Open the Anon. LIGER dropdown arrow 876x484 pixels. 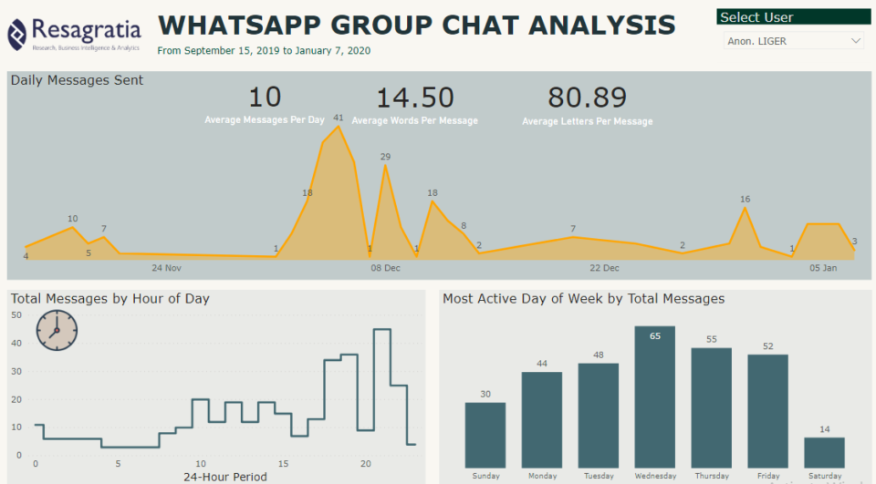point(855,41)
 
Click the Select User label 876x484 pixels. point(756,17)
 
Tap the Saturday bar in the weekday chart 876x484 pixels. point(824,452)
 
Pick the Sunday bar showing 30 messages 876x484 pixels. point(485,435)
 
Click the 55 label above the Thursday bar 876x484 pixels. point(712,339)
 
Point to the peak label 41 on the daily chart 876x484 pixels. point(339,118)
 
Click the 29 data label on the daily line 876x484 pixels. point(385,157)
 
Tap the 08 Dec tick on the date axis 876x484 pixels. point(385,268)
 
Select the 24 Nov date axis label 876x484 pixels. point(167,268)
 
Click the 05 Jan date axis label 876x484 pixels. point(823,268)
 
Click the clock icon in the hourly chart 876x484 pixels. point(57,330)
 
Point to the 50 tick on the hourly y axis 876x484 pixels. point(16,315)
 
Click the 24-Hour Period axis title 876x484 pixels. point(225,477)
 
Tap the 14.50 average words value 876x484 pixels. point(415,98)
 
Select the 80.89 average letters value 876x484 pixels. point(587,98)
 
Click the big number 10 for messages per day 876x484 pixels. point(265,98)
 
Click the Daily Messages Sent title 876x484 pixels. point(77,80)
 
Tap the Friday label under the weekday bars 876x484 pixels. point(767,476)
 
